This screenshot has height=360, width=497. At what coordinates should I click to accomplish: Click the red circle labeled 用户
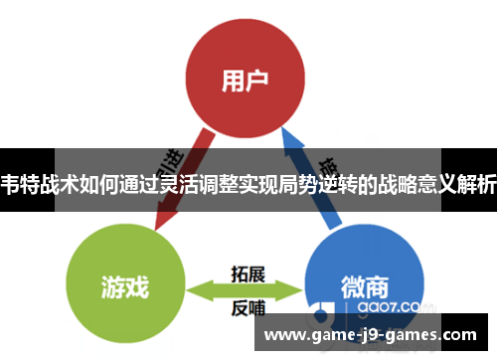(248, 76)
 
